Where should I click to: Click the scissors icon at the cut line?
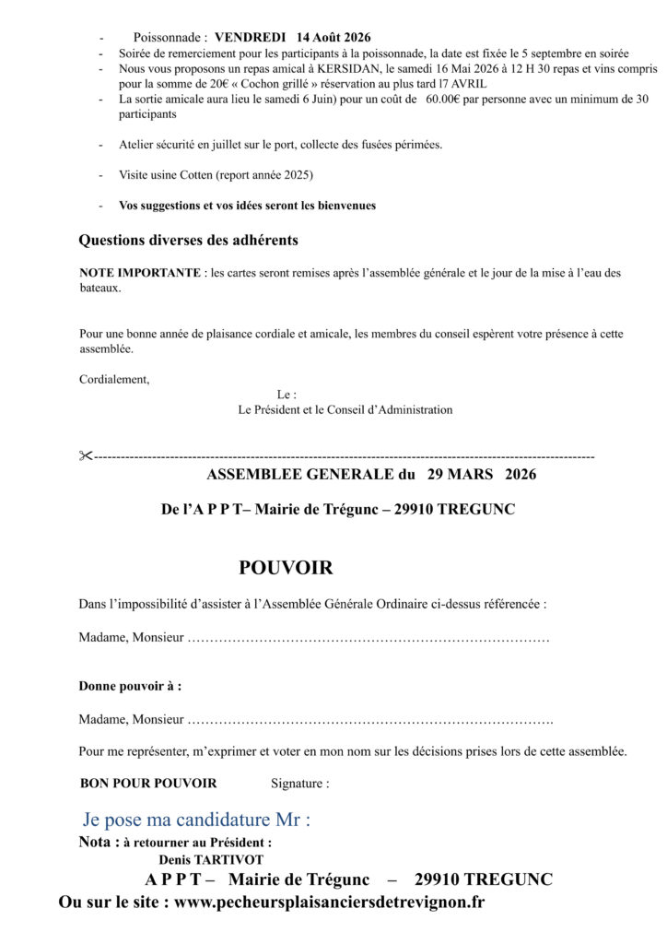coord(86,455)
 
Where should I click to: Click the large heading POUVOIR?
coord(286,567)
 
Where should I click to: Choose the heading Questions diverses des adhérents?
coord(188,241)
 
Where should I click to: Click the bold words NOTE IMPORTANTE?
coord(139,273)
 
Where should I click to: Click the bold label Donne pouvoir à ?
coord(130,686)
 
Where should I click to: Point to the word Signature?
coord(299,784)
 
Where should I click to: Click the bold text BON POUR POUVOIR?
coord(148,784)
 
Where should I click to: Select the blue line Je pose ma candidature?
coord(196,819)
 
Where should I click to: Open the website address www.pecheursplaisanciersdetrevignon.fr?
coord(329,903)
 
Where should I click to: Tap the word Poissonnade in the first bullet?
coord(170,38)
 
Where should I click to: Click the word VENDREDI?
coord(251,38)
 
